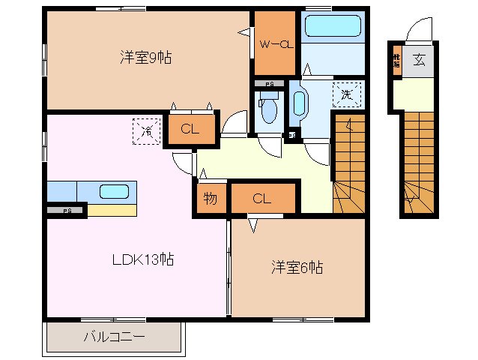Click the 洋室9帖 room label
tap(145, 57)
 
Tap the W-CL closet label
tap(274, 44)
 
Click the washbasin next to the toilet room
tap(298, 103)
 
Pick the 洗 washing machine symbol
tap(346, 94)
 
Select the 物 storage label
tap(210, 199)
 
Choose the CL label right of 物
tap(261, 199)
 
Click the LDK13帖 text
tap(143, 260)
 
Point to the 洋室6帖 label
tap(297, 267)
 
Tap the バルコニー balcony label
tap(114, 336)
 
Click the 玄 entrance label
tap(419, 61)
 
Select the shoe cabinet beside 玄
tap(396, 61)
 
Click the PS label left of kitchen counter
tap(67, 211)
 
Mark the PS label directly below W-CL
tap(267, 84)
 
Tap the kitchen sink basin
tap(115, 190)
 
